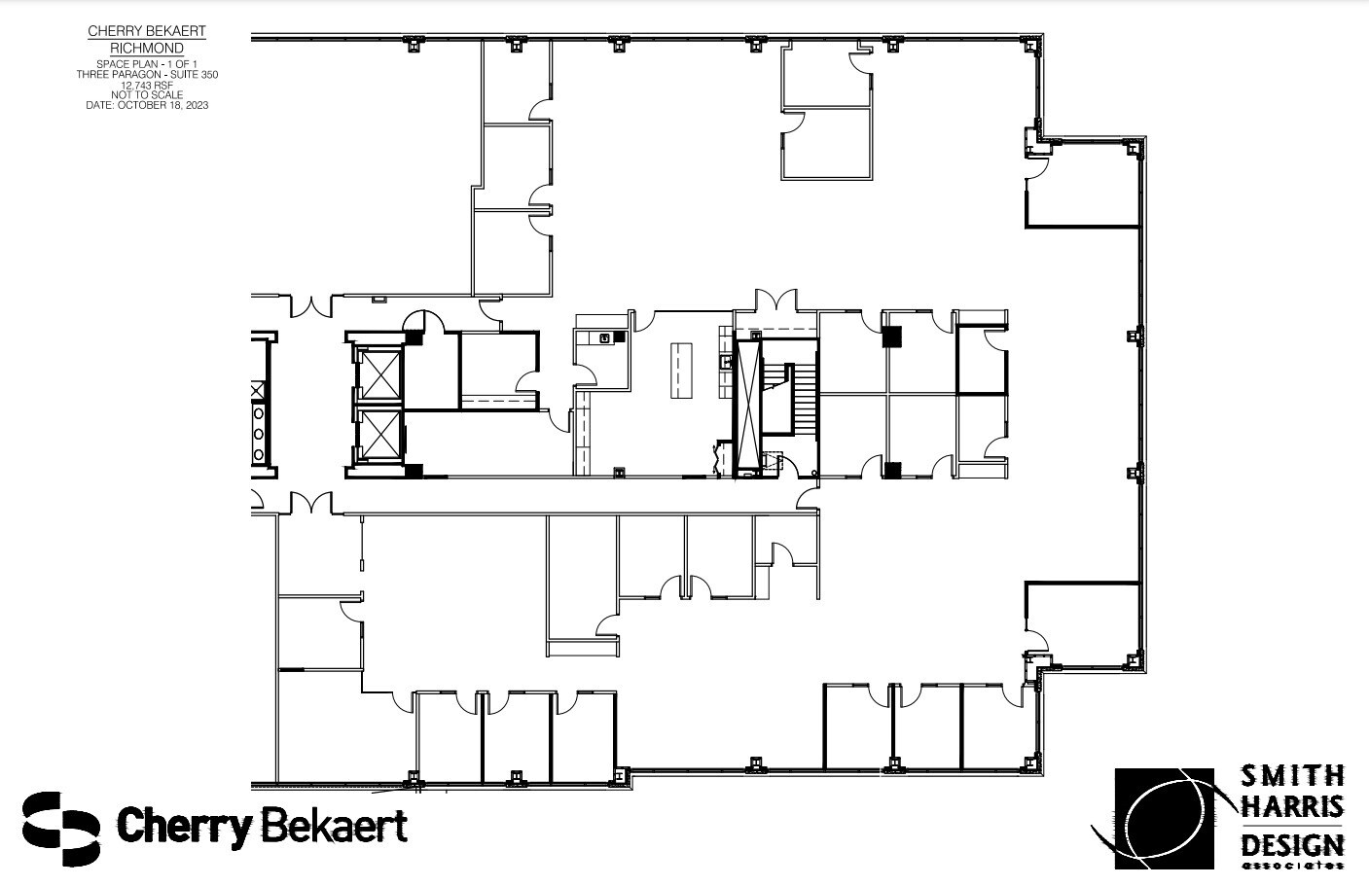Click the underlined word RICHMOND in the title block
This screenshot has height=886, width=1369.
pos(147,48)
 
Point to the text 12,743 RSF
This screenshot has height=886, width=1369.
pos(147,85)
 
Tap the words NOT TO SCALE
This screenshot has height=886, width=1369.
pos(147,95)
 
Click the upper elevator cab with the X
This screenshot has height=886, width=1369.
pos(378,372)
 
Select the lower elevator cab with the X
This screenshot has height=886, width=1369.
pos(378,434)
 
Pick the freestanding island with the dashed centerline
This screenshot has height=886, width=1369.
pos(680,371)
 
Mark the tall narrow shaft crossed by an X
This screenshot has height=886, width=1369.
pos(747,406)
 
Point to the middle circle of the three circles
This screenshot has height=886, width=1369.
pos(259,433)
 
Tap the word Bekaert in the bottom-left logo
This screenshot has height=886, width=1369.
pos(334,827)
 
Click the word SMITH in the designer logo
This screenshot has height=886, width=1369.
pos(1292,776)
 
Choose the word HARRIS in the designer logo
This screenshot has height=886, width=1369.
pos(1292,807)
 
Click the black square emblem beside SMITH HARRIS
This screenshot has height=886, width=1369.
pos(1164,818)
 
